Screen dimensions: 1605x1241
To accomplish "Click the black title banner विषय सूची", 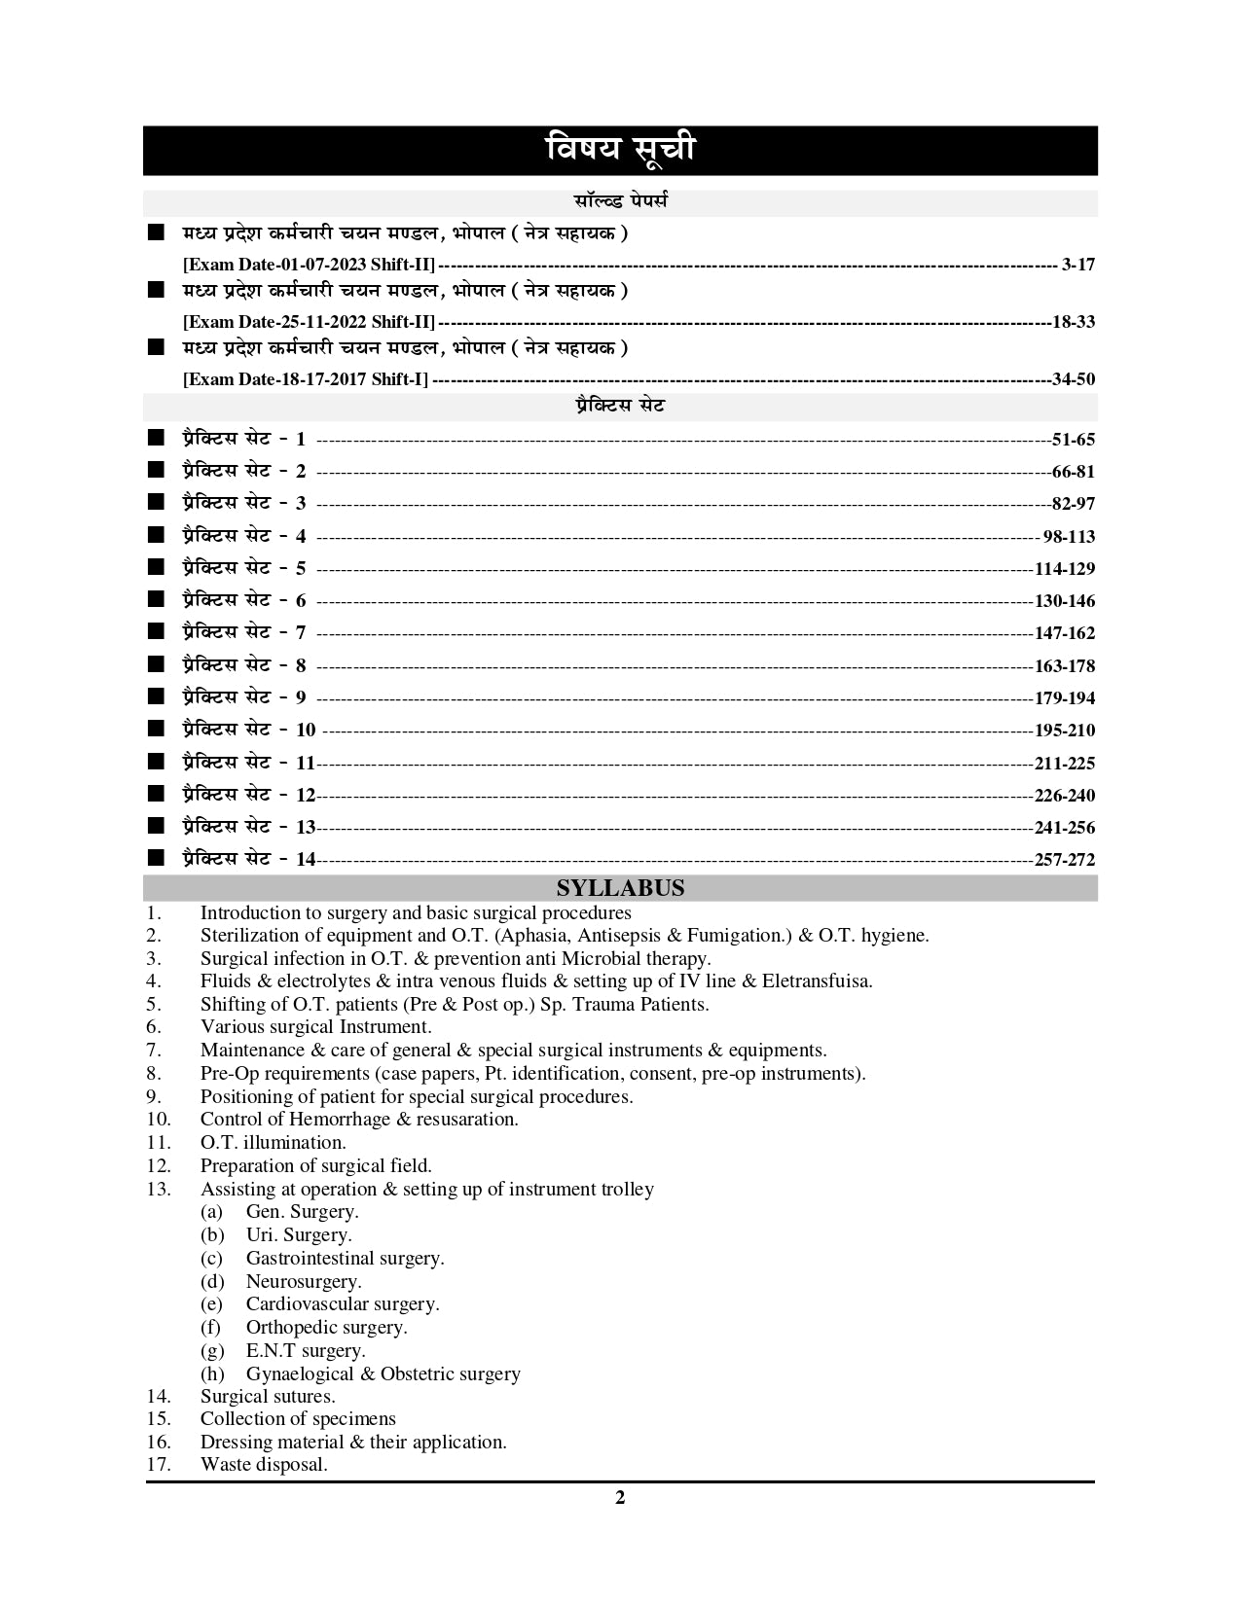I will (620, 151).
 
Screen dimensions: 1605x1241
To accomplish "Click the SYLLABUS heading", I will (620, 888).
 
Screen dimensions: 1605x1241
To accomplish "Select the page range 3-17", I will (1078, 265).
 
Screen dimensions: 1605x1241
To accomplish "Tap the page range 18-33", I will (1074, 322).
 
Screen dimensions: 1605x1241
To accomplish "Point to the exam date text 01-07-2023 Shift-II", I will (310, 265).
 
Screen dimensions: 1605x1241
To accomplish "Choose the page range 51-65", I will (1074, 440).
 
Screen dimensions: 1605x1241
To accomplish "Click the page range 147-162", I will (1065, 633).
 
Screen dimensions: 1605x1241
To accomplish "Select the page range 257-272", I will (1065, 860).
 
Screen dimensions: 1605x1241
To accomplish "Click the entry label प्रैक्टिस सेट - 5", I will (243, 568).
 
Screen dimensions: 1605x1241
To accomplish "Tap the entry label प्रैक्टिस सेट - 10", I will (248, 730).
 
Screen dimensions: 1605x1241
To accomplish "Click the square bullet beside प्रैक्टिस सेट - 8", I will (156, 664).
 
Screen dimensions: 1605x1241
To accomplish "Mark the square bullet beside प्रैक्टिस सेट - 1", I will (156, 438).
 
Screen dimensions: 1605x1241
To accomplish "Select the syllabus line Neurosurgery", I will (304, 1282).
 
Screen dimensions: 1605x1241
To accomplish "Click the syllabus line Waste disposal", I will (264, 1465).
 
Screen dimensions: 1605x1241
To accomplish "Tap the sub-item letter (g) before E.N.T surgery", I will (212, 1351).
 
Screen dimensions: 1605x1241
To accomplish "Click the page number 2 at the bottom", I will (620, 1498).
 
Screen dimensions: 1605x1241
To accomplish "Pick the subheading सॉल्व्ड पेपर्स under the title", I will (620, 202).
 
